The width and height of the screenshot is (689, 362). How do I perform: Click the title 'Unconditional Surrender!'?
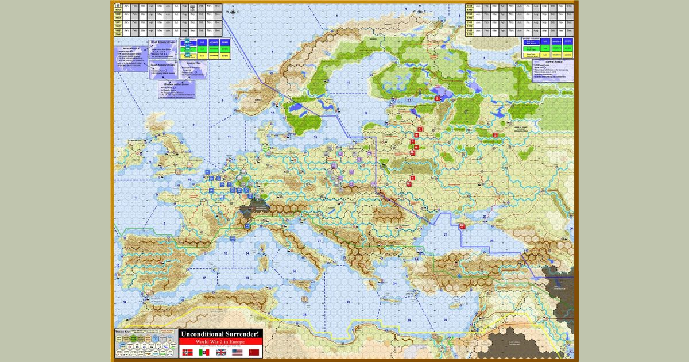pos(221,334)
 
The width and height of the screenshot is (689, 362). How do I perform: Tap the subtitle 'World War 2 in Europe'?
pos(221,341)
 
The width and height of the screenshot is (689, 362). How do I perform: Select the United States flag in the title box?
pos(237,352)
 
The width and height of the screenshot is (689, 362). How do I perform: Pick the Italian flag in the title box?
pos(204,352)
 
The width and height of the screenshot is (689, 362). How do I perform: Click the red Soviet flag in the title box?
pos(254,352)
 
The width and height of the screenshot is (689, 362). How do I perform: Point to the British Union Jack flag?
pos(220,352)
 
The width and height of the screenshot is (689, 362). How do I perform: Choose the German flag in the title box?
pos(187,352)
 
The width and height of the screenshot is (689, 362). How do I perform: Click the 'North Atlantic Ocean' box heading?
pos(161,42)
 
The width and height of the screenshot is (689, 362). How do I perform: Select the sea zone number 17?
pos(203,278)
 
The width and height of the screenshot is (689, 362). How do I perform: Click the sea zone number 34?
pos(247,253)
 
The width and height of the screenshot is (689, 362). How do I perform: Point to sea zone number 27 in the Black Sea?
pos(444,236)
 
